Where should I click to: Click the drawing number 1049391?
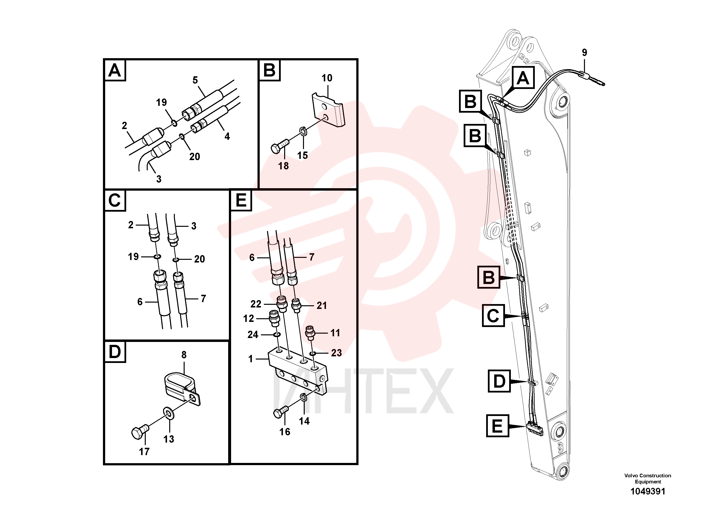[648, 492]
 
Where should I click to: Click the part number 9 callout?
[584, 52]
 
